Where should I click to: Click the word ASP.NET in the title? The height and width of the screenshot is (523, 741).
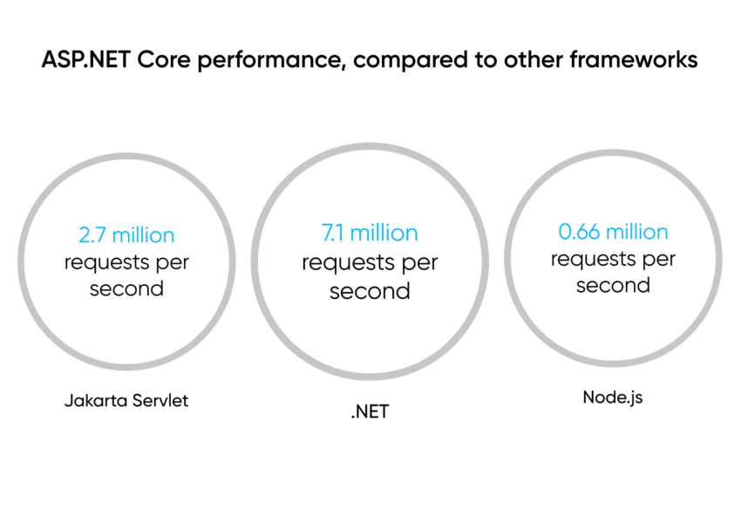click(x=86, y=60)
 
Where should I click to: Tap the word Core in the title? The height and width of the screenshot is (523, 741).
click(x=164, y=60)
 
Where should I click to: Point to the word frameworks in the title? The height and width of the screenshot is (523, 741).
click(x=634, y=60)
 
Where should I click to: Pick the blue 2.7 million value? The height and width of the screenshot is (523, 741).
click(x=126, y=234)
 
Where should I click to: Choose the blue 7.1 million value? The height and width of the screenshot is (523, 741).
click(x=370, y=233)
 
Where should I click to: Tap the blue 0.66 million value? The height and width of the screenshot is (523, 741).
click(x=613, y=232)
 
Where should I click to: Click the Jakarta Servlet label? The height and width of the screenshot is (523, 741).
click(x=126, y=401)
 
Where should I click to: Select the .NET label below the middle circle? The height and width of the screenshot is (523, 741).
click(x=370, y=412)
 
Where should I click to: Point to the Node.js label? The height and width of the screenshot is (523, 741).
click(x=613, y=397)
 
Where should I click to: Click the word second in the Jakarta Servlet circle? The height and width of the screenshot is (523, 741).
click(x=126, y=289)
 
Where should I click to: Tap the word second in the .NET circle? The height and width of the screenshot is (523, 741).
click(x=370, y=291)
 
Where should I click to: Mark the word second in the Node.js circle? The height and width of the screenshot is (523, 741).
click(x=613, y=285)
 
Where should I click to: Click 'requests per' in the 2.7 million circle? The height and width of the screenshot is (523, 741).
click(x=126, y=262)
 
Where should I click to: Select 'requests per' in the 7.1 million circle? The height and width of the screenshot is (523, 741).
click(x=370, y=263)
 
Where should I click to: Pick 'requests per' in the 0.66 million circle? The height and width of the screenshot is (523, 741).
click(x=613, y=260)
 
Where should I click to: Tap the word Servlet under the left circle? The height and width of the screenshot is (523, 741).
click(x=160, y=401)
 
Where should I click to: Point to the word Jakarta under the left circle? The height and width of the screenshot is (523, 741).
click(x=96, y=401)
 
